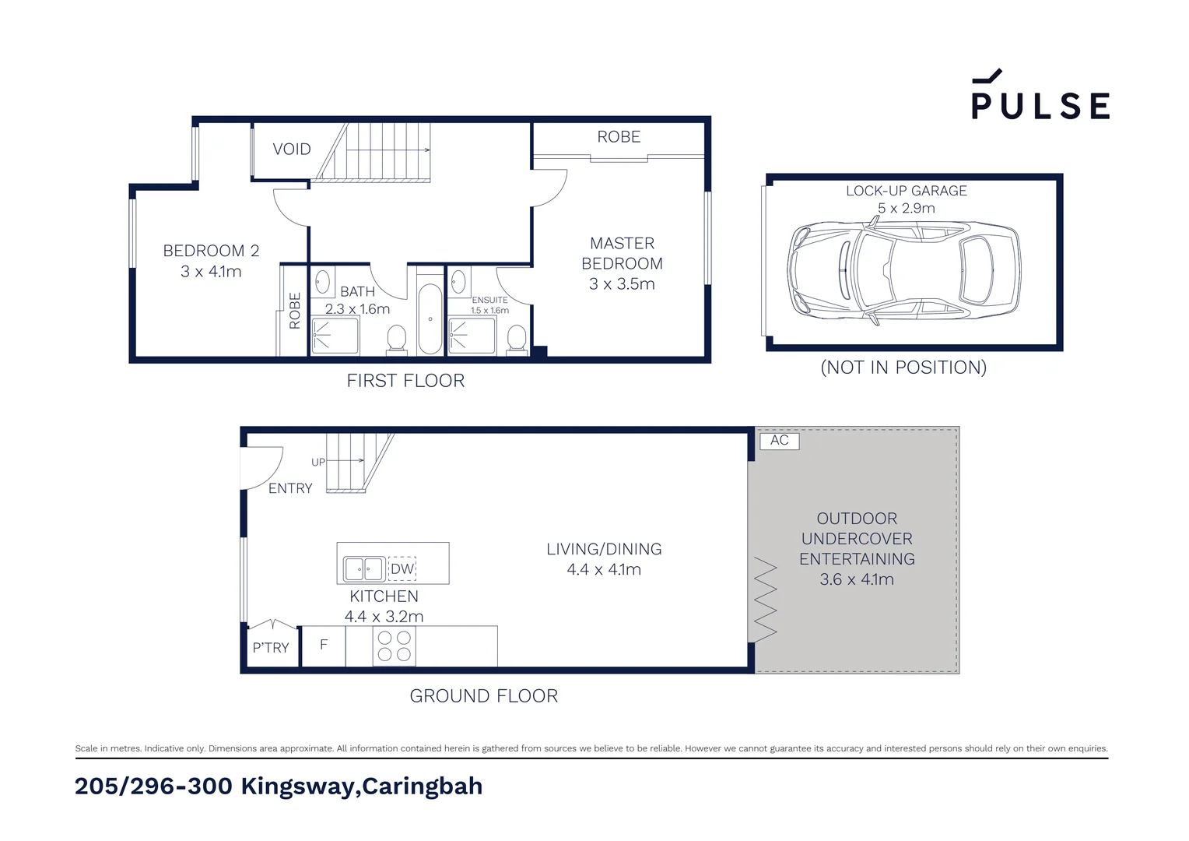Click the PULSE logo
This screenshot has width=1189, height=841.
coord(1040,97)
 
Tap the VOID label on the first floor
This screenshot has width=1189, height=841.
coord(292,149)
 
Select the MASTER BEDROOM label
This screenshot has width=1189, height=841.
coord(622,254)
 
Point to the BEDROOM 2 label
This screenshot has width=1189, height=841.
coord(211,251)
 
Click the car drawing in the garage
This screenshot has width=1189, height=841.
coord(903,270)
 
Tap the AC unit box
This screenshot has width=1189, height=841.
coord(779,441)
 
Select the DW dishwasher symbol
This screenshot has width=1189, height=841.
coord(402,569)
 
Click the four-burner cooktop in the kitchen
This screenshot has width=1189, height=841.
coord(394,646)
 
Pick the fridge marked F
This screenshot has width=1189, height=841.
coord(324,645)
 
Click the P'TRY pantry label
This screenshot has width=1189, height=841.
coord(270,648)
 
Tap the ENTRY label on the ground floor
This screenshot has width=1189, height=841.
coord(290,488)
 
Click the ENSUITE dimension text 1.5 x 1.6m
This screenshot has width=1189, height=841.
coord(489,311)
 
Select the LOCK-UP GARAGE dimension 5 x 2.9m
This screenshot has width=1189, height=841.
coord(906,209)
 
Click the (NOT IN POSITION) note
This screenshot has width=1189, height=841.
coord(903,368)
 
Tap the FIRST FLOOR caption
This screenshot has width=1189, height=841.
coord(405,381)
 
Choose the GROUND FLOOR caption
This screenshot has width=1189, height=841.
coord(483,696)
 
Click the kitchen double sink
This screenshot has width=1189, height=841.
coord(364,569)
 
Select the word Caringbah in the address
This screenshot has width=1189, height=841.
coord(422,786)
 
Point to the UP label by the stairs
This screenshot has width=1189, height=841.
coord(318,462)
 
